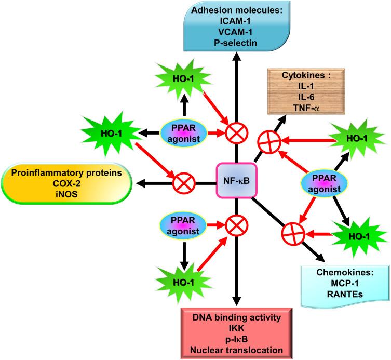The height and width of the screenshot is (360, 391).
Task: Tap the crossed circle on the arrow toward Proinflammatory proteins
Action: [183, 182]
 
